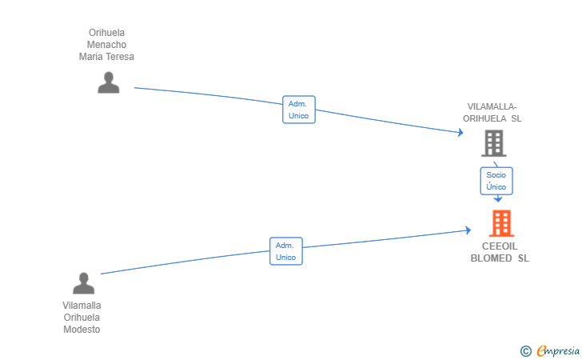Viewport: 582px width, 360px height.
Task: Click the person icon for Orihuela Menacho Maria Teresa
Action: [108, 82]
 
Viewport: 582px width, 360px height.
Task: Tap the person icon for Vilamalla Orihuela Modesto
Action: [83, 283]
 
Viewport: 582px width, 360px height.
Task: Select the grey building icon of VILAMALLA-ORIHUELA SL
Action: [493, 143]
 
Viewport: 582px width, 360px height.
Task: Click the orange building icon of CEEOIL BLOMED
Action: [501, 223]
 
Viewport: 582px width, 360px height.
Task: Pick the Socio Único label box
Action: [496, 180]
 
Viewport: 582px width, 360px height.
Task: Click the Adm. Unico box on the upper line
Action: [299, 110]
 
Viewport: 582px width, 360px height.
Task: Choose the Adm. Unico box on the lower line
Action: [285, 251]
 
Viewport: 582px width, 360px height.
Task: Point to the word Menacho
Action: [106, 45]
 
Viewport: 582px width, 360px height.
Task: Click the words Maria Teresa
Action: [106, 57]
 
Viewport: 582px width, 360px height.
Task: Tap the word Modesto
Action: [82, 330]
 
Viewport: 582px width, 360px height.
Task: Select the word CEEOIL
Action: [500, 246]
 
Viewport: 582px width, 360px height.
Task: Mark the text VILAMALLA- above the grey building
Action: [492, 106]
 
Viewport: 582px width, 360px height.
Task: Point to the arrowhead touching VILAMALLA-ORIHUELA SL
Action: [460, 133]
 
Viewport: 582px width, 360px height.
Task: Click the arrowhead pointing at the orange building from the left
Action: [468, 230]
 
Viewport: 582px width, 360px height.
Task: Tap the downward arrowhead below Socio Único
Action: [497, 198]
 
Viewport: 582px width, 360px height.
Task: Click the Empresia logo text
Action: [557, 350]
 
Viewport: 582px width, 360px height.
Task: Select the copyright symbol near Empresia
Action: [525, 350]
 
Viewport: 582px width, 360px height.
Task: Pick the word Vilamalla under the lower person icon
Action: [82, 306]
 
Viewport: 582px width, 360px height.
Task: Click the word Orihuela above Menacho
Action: [106, 33]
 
